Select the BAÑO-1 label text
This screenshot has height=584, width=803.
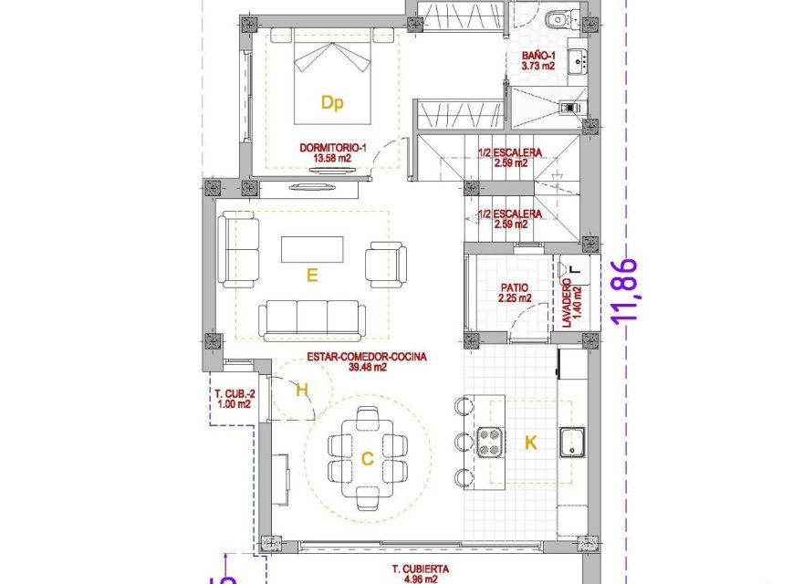[x=537, y=60]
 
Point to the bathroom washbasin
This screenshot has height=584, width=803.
[x=577, y=61]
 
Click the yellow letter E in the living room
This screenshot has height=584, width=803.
[x=312, y=276]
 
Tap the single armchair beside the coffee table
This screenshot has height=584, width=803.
[x=383, y=263]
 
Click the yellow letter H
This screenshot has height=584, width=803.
[x=302, y=391]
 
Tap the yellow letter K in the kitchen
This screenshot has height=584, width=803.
[x=530, y=443]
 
